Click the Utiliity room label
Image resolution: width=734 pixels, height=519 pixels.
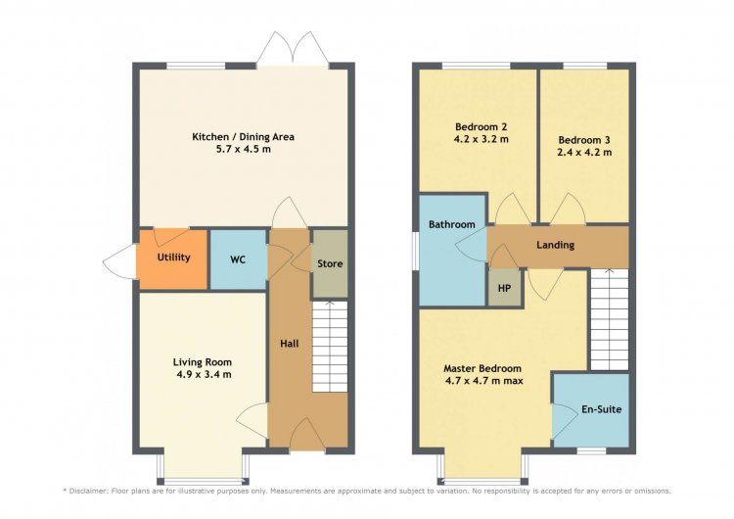tap(173, 258)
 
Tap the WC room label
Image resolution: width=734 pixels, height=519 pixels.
tap(238, 259)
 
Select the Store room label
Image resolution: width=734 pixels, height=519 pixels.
tap(330, 263)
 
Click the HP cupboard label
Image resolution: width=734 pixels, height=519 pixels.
tap(504, 288)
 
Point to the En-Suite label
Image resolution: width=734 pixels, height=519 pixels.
tap(602, 409)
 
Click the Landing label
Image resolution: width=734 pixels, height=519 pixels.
tap(555, 245)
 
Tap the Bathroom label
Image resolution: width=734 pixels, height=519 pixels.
tap(452, 224)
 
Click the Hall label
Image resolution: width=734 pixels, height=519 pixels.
tap(290, 344)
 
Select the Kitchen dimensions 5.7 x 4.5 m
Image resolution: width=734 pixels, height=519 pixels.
tap(244, 150)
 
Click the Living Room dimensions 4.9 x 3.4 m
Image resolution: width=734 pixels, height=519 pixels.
tap(204, 374)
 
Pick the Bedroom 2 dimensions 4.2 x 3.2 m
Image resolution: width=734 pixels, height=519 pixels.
tap(482, 139)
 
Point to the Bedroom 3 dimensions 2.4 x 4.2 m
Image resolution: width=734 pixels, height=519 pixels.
tap(584, 152)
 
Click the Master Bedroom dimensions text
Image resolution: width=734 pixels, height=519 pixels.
tap(484, 381)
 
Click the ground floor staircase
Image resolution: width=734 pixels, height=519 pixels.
tap(330, 347)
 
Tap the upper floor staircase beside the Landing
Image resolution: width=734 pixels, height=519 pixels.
tap(609, 320)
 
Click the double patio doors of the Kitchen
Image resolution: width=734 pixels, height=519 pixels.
tap(293, 49)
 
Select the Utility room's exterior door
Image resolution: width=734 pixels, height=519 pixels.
tap(119, 260)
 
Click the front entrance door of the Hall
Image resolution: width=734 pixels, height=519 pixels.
tap(307, 436)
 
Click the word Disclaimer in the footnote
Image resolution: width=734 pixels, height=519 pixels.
tap(88, 492)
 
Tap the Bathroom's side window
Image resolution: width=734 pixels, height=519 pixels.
tap(415, 252)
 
